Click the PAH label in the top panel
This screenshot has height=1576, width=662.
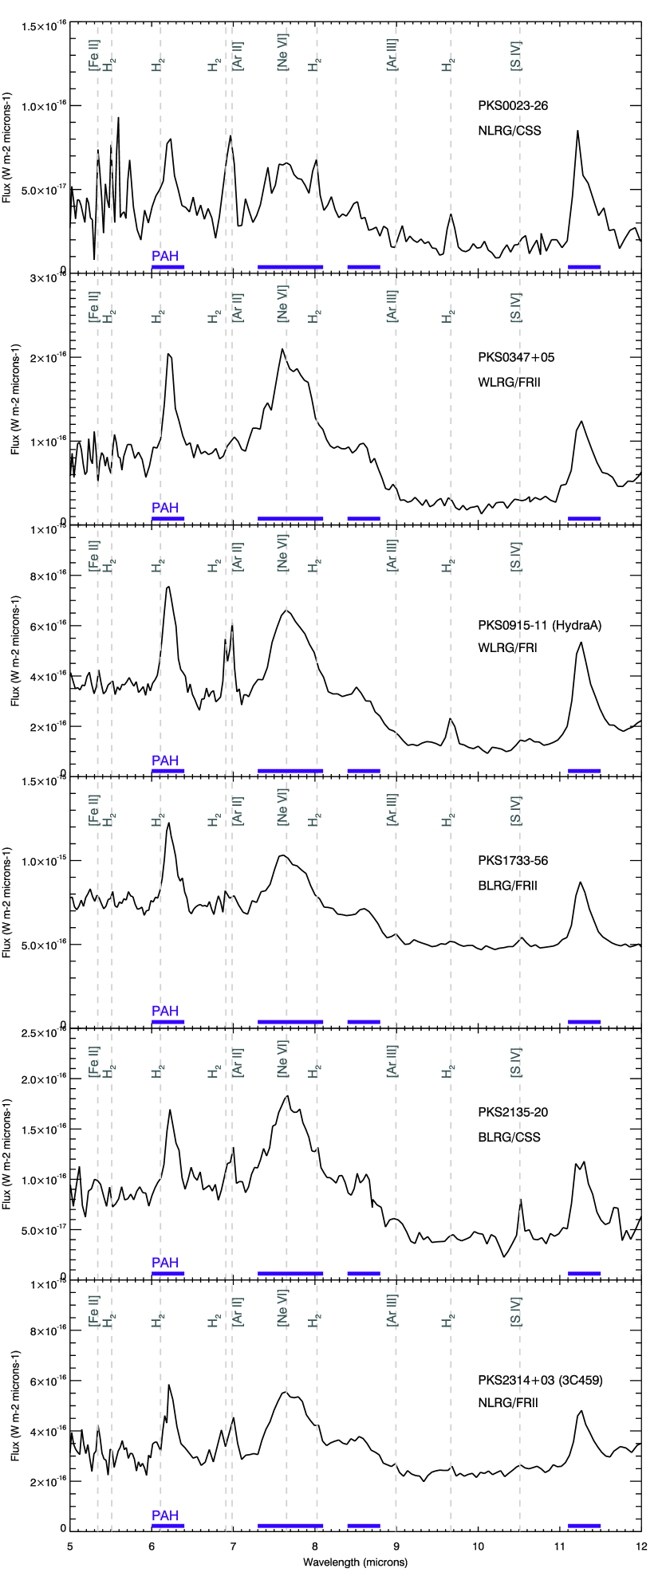(165, 256)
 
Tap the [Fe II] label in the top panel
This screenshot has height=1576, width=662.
(93, 55)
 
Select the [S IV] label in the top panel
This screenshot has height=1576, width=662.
(516, 56)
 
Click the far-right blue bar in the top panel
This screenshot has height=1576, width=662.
(584, 267)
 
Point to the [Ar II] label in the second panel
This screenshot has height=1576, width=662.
(238, 308)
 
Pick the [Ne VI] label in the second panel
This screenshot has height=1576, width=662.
(282, 304)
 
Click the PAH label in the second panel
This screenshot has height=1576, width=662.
(165, 508)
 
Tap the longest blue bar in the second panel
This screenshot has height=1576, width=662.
(290, 519)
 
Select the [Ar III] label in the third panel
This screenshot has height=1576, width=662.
(392, 556)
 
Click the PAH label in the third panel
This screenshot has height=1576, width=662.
(165, 760)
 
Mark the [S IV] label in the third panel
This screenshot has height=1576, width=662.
(516, 556)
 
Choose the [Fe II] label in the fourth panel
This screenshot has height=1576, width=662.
(93, 810)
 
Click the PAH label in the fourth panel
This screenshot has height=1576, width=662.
(165, 1011)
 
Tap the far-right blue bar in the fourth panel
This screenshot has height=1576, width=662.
(584, 1022)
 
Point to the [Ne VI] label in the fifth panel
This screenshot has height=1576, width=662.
(282, 1059)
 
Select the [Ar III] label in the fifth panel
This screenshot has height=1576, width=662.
(392, 1061)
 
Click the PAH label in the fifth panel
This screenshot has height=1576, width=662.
(165, 1263)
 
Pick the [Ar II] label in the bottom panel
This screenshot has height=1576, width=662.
(238, 1311)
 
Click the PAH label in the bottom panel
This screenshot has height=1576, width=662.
(165, 1515)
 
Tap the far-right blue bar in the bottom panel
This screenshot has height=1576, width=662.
(584, 1526)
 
